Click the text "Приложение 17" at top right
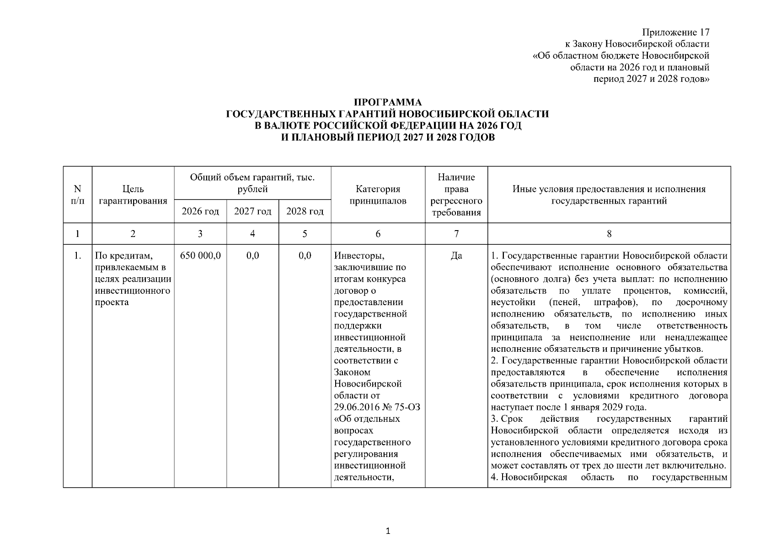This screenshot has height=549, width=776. click(675, 32)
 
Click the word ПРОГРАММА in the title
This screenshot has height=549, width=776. click(388, 102)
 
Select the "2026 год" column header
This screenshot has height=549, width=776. click(200, 211)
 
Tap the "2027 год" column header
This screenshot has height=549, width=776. click(252, 211)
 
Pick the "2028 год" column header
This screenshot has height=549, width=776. click(305, 211)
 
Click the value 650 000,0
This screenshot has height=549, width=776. click(200, 255)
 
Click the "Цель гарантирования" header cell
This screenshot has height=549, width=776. click(133, 195)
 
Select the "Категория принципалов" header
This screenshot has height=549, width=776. click(378, 195)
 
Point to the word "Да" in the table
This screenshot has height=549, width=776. click(456, 255)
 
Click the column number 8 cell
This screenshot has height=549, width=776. click(609, 234)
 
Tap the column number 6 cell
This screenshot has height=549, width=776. click(378, 234)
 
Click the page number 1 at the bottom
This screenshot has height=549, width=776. click(388, 531)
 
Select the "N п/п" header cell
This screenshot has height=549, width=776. click(77, 195)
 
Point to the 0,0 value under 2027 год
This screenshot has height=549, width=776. click(252, 255)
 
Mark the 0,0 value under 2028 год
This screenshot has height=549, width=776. click(305, 255)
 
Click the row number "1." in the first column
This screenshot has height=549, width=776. click(77, 255)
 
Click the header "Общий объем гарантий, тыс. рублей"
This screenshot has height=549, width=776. click(252, 183)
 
